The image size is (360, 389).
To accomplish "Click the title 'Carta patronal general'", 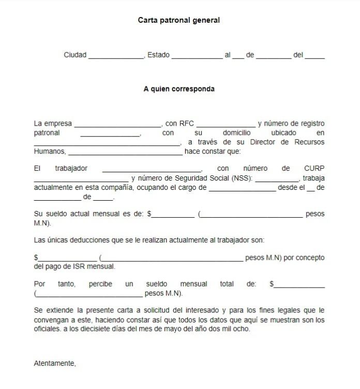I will pos(178,20).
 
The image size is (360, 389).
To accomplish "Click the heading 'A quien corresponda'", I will pos(179,88).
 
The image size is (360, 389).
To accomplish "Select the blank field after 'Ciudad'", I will pos(116,56).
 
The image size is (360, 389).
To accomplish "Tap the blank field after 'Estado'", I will pos(197,56).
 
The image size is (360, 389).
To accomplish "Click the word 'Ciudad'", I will pos(75,55).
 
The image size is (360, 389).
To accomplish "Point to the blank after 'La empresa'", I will pos(118,125).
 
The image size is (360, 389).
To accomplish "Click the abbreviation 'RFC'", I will pos(186,124).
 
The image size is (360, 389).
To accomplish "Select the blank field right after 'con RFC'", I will pos(226,125).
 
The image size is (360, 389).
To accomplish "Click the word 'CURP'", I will pos(314,169).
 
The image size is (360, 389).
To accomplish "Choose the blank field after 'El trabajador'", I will pos(152,170).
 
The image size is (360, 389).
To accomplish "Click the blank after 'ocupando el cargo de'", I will pos(242,189).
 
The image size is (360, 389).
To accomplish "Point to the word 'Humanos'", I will pos(50,152).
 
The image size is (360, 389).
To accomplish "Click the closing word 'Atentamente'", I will pos(54,364).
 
